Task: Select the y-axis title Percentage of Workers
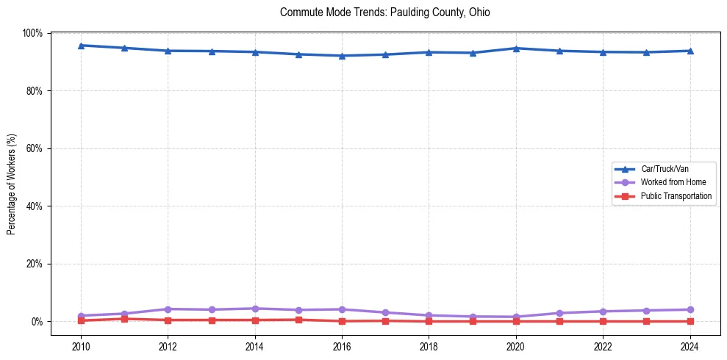click(x=11, y=184)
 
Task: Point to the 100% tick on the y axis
click(x=32, y=34)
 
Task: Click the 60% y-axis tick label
click(x=35, y=148)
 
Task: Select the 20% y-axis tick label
click(x=35, y=264)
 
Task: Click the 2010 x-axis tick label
click(x=81, y=345)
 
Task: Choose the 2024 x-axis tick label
click(x=690, y=345)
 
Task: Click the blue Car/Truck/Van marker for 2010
click(x=81, y=46)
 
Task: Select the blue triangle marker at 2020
click(x=516, y=48)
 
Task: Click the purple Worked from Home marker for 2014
click(x=255, y=309)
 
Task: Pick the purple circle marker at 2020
click(x=516, y=317)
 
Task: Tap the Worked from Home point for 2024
click(x=690, y=309)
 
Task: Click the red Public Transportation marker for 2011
click(x=125, y=319)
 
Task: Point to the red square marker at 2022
click(x=603, y=321)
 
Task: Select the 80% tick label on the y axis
click(x=35, y=91)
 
